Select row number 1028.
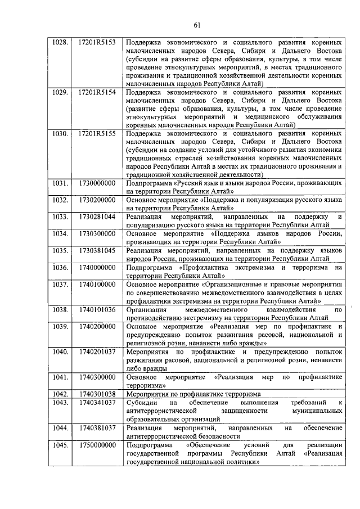(60, 42)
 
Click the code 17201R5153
(97, 42)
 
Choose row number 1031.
(60, 183)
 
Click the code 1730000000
(97, 183)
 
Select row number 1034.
(60, 233)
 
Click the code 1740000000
(97, 267)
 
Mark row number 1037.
(60, 284)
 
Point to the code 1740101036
(97, 309)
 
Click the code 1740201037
(97, 352)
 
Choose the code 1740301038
(97, 394)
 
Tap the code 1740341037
(97, 403)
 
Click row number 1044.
(60, 428)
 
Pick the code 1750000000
(97, 445)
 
